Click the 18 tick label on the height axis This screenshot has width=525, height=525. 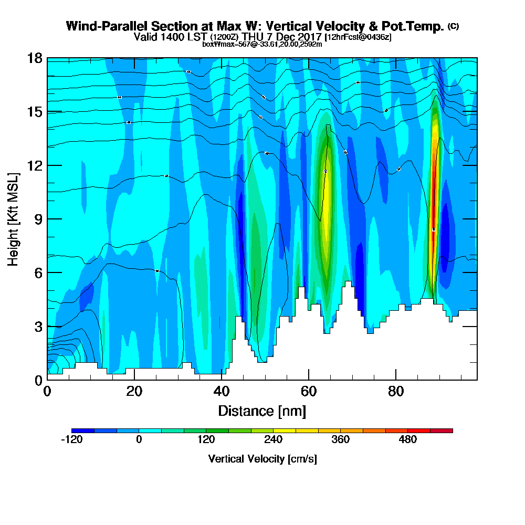(x=34, y=58)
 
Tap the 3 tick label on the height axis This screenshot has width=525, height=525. (x=38, y=326)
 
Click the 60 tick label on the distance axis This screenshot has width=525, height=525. (x=308, y=392)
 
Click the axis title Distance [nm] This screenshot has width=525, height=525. (x=262, y=411)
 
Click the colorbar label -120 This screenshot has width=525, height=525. (x=72, y=439)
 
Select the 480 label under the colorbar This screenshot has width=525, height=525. (x=408, y=439)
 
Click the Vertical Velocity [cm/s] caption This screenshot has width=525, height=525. (x=262, y=459)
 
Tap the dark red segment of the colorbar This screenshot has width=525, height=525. (x=441, y=430)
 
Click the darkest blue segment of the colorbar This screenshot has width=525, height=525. (x=83, y=430)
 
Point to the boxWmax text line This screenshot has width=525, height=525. (x=262, y=44)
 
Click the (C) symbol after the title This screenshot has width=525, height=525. (x=453, y=26)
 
